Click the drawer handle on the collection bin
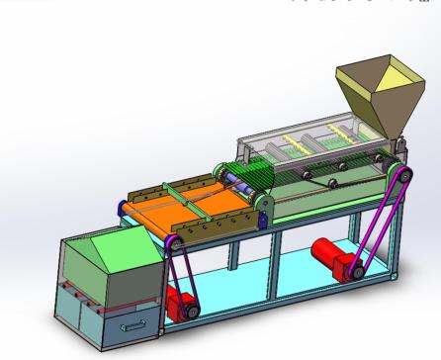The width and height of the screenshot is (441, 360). coord(133,321)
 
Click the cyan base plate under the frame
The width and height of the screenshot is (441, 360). coord(287,287)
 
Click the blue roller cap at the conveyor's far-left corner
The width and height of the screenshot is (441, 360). coord(122,207)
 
